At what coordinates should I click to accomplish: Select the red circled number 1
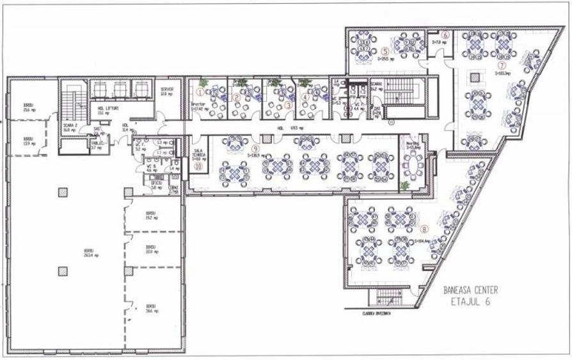point(199,98)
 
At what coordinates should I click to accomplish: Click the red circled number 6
point(446,35)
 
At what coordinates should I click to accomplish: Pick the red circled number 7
point(502,65)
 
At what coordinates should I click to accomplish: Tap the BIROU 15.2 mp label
point(151,215)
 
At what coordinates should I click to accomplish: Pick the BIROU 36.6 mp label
point(151,308)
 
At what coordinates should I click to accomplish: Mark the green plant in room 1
point(204,83)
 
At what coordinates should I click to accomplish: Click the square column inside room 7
point(475,77)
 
